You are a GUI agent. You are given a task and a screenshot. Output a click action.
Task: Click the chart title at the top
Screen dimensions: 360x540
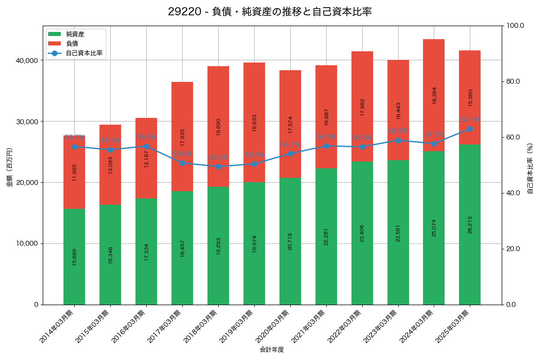270,12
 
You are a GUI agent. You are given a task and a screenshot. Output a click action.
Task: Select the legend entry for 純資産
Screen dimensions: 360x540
75,34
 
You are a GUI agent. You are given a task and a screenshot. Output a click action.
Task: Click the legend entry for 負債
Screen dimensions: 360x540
72,44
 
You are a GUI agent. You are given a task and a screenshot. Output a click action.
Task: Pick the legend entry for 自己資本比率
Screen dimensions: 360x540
84,53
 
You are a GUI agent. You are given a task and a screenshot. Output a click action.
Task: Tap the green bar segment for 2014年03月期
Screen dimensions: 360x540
74,256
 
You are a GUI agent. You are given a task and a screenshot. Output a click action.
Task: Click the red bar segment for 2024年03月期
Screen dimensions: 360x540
434,95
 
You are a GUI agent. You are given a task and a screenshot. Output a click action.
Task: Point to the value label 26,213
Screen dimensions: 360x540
470,225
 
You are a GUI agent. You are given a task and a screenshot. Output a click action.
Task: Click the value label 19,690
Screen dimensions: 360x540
218,127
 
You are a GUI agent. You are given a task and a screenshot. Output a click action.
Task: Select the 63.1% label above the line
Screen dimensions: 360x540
470,120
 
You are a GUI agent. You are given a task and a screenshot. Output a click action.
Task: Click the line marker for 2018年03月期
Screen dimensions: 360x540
218,166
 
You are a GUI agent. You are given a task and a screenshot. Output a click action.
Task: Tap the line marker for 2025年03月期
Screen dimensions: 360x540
470,129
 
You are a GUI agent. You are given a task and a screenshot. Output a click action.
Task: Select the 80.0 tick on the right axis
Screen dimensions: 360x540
513,81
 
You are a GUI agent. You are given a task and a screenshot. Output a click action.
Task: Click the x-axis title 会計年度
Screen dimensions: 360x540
272,350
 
